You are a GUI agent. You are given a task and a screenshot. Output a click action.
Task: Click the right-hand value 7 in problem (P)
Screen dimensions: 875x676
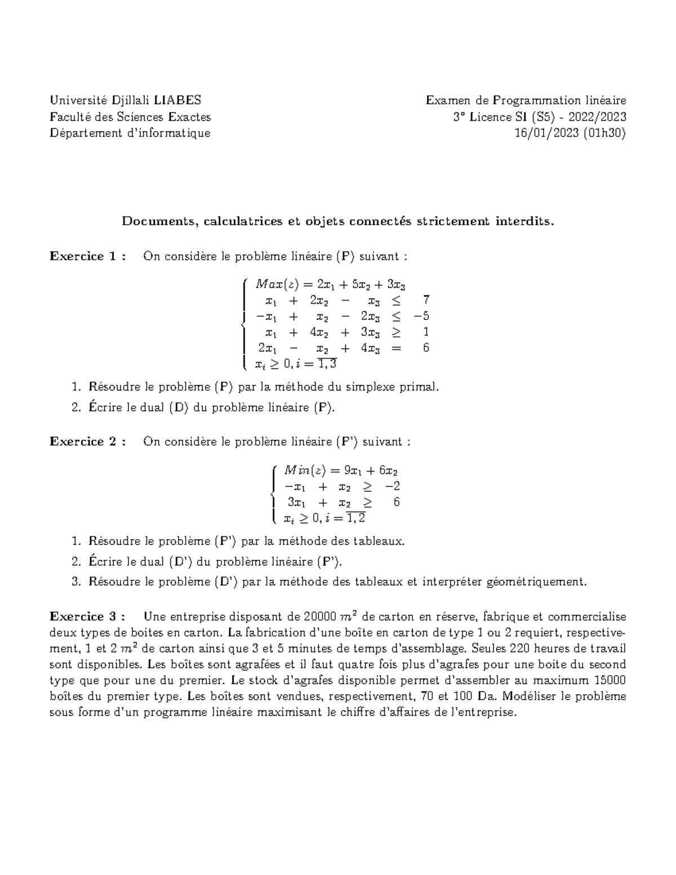coord(426,299)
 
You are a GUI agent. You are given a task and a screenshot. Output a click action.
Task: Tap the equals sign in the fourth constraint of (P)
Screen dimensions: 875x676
coord(397,348)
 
